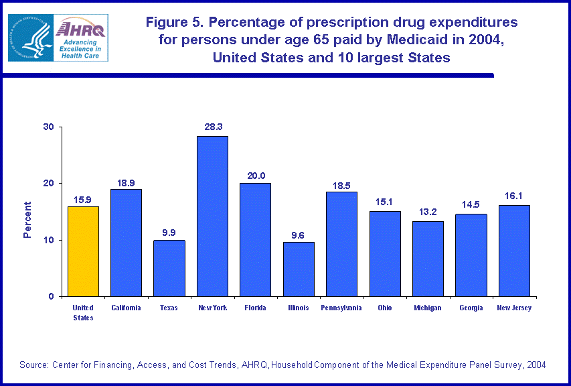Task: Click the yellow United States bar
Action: [x=83, y=251]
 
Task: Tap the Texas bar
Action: [x=169, y=268]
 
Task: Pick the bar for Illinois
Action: [x=299, y=269]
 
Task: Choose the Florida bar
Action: [x=255, y=239]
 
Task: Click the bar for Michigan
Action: [x=428, y=259]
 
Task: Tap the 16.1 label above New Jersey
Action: [x=514, y=197]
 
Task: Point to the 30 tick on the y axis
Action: [x=49, y=127]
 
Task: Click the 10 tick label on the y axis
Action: [x=49, y=240]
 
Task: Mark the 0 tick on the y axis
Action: [x=52, y=296]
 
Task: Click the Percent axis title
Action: [x=27, y=220]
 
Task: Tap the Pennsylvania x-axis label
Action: [x=341, y=308]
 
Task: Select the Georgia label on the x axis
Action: [x=471, y=308]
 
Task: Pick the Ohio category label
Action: [x=385, y=308]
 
